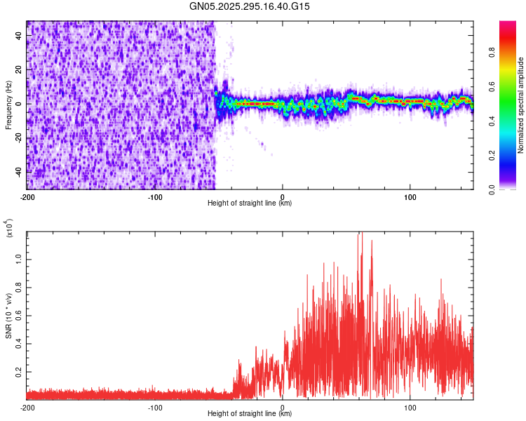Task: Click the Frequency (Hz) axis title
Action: pos(8,105)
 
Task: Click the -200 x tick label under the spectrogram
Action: pos(27,196)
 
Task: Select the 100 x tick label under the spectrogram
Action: pos(410,196)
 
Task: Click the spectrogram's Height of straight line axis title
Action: pos(250,203)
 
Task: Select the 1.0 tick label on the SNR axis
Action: pos(18,258)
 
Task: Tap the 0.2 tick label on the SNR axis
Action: pos(18,371)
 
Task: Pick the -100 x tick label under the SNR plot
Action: pos(155,407)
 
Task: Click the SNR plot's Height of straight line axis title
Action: pos(250,414)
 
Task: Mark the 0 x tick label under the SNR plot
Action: pos(283,407)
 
